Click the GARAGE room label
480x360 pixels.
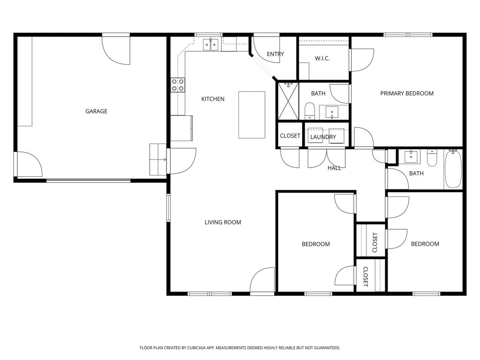point(96,111)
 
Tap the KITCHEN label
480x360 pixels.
point(213,99)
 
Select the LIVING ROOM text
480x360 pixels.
point(223,222)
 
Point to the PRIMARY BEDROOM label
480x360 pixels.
point(407,93)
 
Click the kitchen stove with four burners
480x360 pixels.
point(178,85)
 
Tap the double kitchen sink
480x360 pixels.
point(210,44)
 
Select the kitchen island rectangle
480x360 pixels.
point(252,115)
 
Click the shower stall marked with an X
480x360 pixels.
point(288,101)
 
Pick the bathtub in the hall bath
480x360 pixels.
point(453,169)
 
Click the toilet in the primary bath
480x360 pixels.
point(309,111)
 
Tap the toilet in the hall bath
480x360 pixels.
point(432,158)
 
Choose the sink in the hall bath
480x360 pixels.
point(411,156)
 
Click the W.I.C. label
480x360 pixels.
point(322,59)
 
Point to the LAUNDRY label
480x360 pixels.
point(323,137)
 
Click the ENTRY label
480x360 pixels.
point(275,54)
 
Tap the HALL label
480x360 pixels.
point(334,168)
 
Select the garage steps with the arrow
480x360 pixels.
point(158,159)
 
